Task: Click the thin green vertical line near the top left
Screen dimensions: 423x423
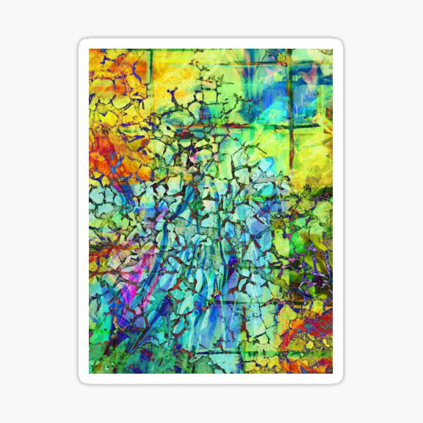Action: click(150, 67)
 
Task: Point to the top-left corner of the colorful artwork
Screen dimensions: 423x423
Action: click(90, 49)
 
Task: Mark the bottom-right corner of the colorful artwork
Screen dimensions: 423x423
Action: click(332, 373)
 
